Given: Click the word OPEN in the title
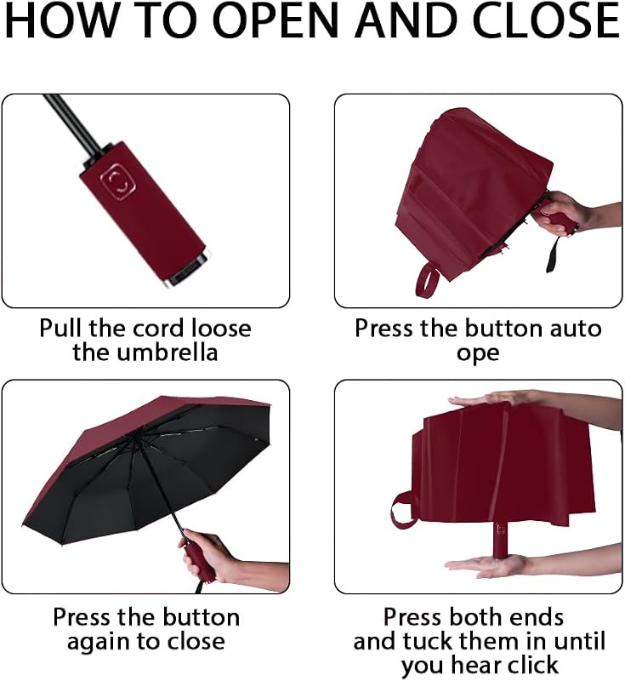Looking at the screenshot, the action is point(276,20).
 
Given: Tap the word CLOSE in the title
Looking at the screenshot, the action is point(546,20).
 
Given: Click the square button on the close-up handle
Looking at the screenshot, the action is point(118,181).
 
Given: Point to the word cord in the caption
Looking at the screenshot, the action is point(160,328).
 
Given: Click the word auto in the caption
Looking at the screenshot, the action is point(576,329).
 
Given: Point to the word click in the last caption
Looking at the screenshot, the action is point(533,665).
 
